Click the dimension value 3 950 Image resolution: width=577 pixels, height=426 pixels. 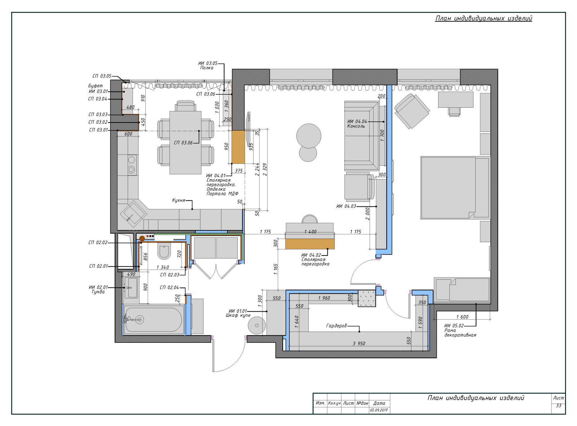(x=359, y=343)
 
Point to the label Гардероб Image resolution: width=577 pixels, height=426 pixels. (x=336, y=325)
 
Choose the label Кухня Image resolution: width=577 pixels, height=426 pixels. (x=179, y=200)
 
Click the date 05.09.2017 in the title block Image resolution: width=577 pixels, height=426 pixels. (x=379, y=410)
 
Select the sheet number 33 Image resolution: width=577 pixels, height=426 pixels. (x=558, y=405)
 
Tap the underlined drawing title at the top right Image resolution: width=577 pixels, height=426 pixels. (x=484, y=18)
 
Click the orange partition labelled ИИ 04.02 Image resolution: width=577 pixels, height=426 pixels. (x=310, y=244)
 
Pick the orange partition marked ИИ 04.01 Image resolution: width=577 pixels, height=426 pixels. (x=238, y=147)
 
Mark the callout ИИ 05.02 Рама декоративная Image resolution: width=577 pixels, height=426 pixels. (x=460, y=330)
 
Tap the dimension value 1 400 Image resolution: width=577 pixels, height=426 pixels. (x=310, y=232)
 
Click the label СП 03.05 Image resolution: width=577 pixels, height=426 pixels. (x=102, y=76)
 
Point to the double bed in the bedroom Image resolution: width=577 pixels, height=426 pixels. (x=455, y=187)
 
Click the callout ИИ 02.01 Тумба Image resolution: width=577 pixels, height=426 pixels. (x=98, y=289)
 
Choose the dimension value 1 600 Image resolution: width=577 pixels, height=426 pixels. (x=462, y=317)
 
